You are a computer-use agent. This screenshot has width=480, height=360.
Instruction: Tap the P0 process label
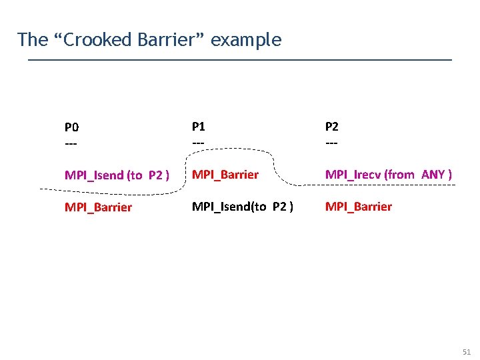71,127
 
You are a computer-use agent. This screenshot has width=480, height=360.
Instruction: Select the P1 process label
199,126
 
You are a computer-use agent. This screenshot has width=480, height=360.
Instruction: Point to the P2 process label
331,126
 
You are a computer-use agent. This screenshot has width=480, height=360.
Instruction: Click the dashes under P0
71,143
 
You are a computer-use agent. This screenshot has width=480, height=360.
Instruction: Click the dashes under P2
331,143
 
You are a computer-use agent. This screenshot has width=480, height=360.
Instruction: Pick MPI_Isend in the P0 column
93,175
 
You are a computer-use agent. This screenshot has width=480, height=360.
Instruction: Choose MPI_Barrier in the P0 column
98,207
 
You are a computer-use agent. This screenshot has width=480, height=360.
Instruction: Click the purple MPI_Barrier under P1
225,175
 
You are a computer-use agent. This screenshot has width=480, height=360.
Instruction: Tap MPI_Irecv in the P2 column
353,175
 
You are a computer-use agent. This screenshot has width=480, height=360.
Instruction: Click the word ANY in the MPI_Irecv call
433,175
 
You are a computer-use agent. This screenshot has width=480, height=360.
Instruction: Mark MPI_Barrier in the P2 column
358,207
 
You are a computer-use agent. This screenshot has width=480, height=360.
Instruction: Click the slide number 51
466,351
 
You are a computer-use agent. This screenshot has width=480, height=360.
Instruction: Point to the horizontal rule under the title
240,60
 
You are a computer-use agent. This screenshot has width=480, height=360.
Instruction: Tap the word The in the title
33,40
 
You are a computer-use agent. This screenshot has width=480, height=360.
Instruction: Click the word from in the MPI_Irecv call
401,175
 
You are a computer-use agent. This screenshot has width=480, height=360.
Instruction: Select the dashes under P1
198,143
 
